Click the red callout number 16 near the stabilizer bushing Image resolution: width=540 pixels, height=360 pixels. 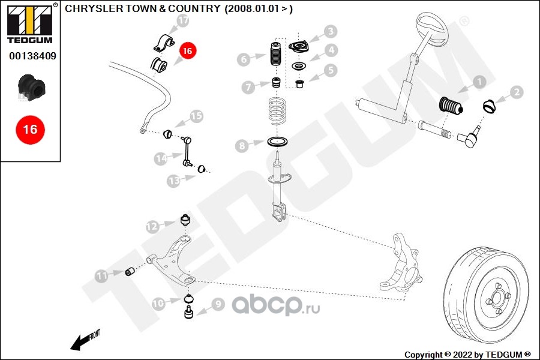tap(187, 52)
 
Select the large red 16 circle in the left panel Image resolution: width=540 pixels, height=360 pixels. tap(29, 129)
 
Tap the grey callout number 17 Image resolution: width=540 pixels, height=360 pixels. tap(183, 21)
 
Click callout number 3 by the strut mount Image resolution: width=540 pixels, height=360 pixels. tap(331, 32)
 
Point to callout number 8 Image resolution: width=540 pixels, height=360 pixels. tap(241, 145)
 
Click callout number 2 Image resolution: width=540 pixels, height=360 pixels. tap(517, 92)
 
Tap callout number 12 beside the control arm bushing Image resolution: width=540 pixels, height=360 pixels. tap(152, 226)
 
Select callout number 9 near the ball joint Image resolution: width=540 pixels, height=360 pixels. tap(217, 304)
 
